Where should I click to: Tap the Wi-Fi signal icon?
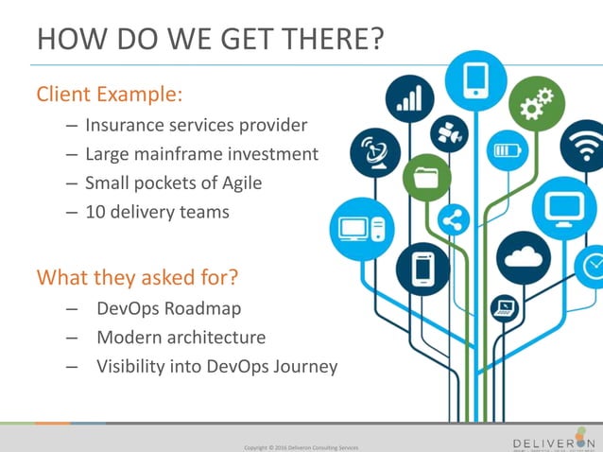point(583,148)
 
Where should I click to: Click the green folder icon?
point(425,177)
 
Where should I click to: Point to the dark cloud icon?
point(522,256)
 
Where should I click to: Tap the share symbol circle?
point(453,221)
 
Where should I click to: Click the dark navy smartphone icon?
point(422,269)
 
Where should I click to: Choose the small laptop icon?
point(504,307)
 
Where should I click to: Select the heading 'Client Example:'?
point(109,95)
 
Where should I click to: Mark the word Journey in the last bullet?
point(305,366)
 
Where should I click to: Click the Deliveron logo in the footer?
point(554,443)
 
